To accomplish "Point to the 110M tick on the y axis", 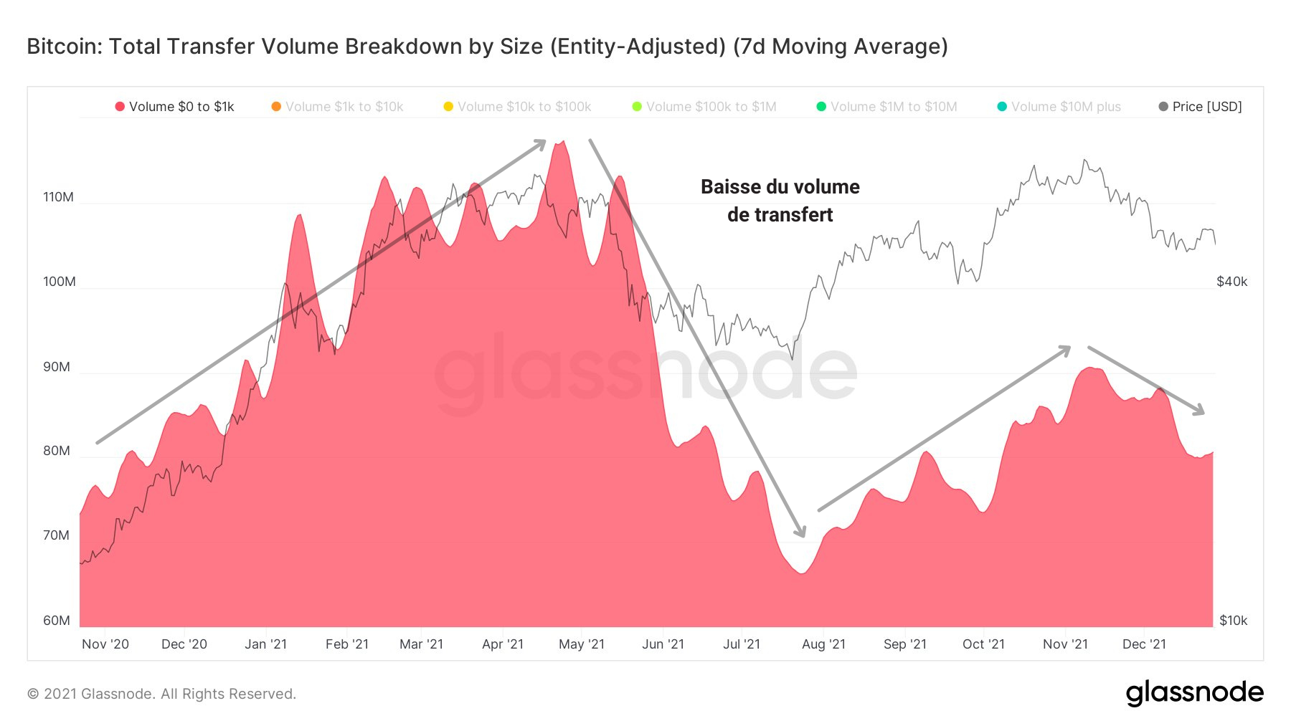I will (x=58, y=197).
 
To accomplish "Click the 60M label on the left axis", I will (x=57, y=621).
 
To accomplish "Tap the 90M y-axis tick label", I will (x=57, y=367).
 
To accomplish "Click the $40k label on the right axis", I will (x=1231, y=282).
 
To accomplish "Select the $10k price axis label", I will (x=1233, y=621).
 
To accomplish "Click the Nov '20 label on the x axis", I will (x=105, y=644).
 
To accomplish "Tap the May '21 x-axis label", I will (x=582, y=644).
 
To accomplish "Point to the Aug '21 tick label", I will (x=823, y=644).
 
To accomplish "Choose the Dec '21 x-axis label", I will (x=1144, y=644).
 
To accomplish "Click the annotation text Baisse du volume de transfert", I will (x=780, y=201).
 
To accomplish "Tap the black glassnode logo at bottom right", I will (x=1194, y=692).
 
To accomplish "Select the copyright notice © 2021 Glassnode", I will (x=161, y=694).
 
